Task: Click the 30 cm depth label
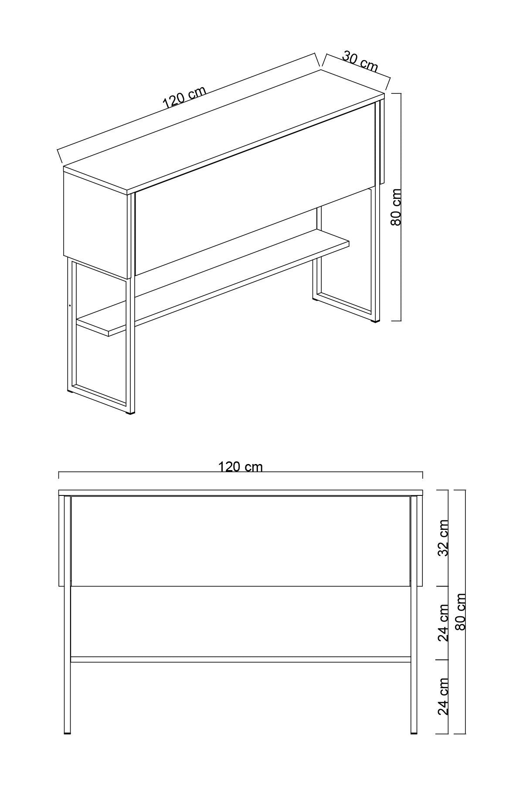360,61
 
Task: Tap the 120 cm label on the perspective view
184,98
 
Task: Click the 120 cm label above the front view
241,467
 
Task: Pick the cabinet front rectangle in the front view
241,541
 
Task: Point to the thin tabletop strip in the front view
241,493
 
